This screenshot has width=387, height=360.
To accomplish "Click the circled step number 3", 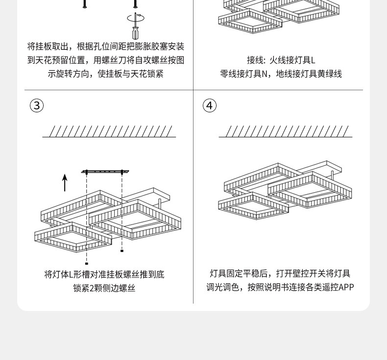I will (37, 105).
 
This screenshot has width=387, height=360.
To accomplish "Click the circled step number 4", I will (210, 105).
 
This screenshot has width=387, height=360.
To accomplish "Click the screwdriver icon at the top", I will (135, 32).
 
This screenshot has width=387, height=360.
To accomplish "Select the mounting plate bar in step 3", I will (105, 172).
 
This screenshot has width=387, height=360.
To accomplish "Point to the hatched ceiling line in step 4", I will (286, 131).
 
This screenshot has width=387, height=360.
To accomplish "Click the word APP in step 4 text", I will (346, 287).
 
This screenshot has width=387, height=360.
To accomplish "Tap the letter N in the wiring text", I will (265, 74).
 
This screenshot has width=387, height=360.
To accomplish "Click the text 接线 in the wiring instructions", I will (255, 60).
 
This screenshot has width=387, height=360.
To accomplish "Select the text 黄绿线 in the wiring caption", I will (330, 74).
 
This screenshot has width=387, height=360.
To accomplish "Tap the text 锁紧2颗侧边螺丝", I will (104, 288).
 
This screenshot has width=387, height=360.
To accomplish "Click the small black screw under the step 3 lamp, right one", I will (122, 251).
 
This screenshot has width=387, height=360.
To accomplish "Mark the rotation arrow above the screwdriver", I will (136, 18).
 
